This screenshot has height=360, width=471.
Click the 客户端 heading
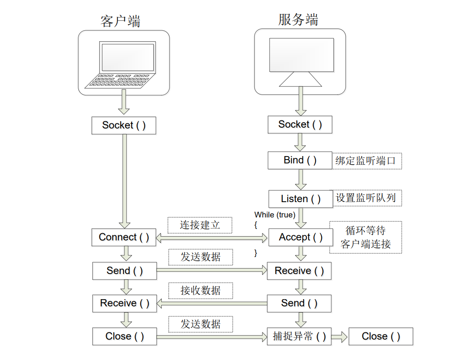121,21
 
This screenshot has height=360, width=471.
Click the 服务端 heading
298,20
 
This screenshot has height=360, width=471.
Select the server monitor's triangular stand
300,79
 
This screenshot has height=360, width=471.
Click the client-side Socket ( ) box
123,126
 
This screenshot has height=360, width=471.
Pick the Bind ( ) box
300,160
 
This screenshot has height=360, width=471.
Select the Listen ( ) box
301,199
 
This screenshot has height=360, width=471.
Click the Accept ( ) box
300,237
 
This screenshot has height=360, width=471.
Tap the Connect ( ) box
123,237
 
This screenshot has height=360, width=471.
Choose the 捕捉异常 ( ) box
299,336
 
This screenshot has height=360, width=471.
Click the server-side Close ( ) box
381,336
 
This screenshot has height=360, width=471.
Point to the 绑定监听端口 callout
366,161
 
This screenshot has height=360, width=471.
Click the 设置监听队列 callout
366,198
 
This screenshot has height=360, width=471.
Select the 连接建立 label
200,225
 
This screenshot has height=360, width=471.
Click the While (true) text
275,215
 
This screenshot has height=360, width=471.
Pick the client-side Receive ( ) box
124,303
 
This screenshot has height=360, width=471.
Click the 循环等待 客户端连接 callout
365,237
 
